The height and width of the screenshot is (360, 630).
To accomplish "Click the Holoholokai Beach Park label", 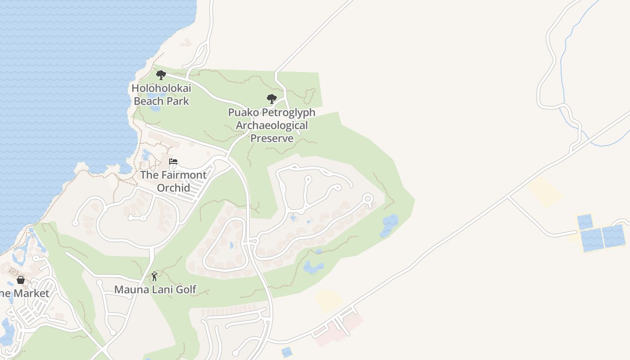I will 161,94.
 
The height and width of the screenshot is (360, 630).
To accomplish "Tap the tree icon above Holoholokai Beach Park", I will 161,75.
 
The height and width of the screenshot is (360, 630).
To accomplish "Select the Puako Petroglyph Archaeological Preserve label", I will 272,125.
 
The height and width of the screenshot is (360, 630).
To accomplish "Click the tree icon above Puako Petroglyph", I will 271,99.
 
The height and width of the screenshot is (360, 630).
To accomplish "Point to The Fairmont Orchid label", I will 173,181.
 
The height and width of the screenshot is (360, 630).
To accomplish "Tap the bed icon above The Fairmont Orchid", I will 173,162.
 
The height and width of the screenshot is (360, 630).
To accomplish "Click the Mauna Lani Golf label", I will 155,289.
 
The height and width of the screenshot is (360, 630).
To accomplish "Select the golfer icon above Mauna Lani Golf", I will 155,276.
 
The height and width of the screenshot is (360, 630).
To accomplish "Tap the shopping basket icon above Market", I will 21,280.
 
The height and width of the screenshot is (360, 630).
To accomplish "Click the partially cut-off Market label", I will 24,293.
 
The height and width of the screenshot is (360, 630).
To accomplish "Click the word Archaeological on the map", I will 272,125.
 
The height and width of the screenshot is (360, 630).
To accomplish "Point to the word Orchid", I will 173,187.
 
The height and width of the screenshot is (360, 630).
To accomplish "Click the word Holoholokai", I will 161,88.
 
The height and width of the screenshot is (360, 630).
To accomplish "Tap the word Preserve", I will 272,138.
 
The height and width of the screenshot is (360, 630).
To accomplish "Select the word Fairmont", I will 183,175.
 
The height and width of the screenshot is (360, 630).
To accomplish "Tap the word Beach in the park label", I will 146,101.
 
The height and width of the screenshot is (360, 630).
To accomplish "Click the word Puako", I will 243,112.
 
